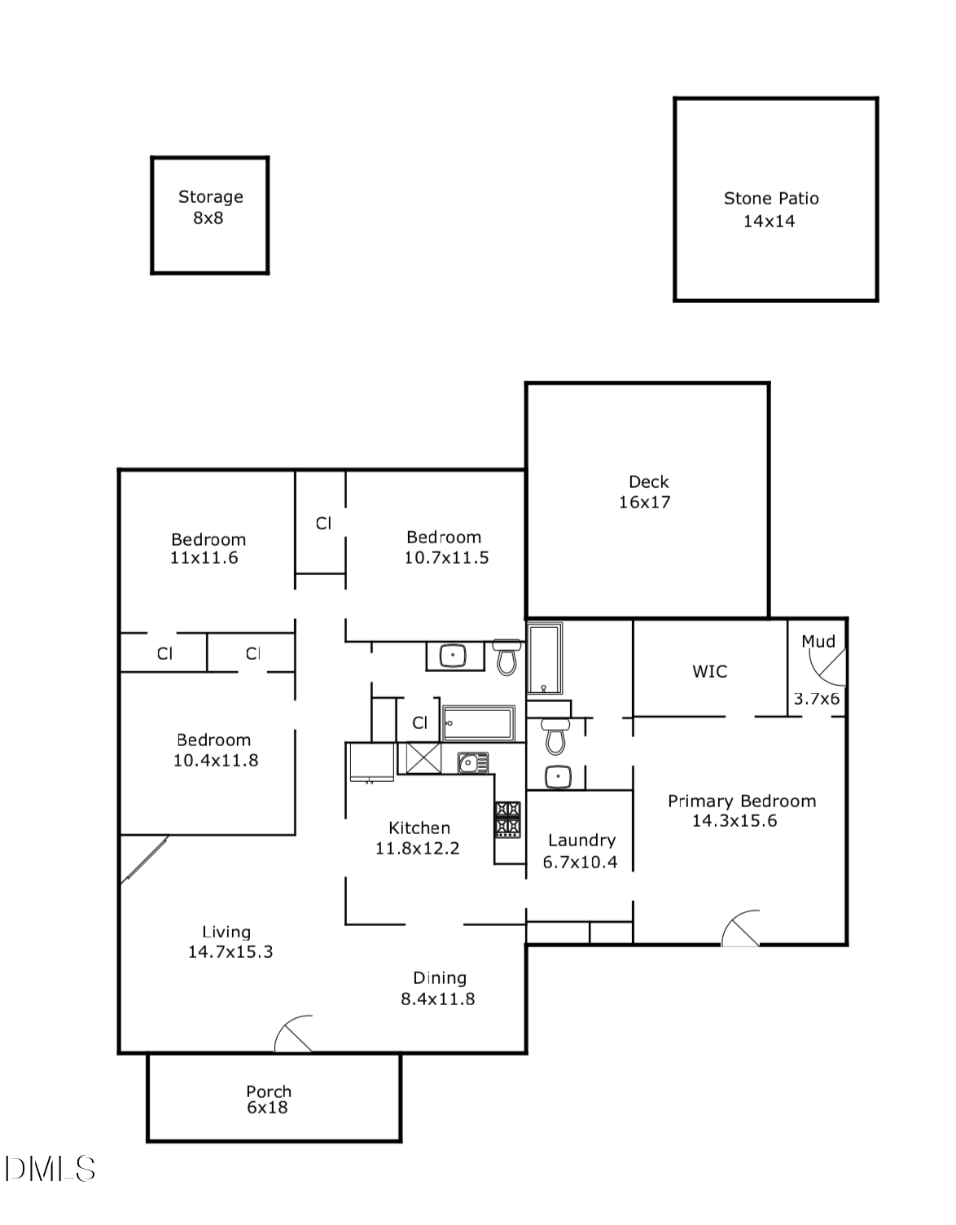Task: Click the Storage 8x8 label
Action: coord(209,208)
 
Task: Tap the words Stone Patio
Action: coord(771,199)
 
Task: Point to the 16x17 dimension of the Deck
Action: coord(644,503)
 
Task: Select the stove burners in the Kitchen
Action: coord(508,819)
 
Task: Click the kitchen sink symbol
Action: coord(471,763)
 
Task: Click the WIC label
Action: coord(709,672)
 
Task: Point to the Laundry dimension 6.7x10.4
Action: coord(581,863)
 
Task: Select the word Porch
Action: coord(269,1091)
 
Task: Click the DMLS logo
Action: coord(50,1170)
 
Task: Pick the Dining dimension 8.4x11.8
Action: coord(438,999)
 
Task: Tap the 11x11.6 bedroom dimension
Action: coord(204,559)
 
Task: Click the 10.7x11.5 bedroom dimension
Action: coord(446,559)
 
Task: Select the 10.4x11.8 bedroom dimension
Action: coord(216,761)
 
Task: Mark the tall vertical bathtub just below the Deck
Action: coord(544,658)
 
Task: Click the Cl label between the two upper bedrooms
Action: coord(323,524)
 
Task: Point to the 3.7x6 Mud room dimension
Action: coord(817,699)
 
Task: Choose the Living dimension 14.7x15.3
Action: coord(230,952)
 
